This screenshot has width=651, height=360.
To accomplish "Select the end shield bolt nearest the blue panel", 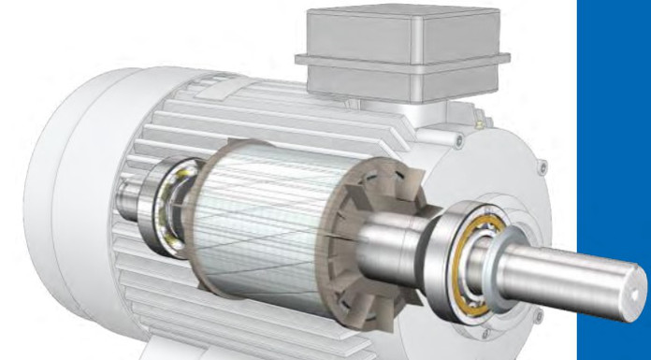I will coord(542,170).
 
